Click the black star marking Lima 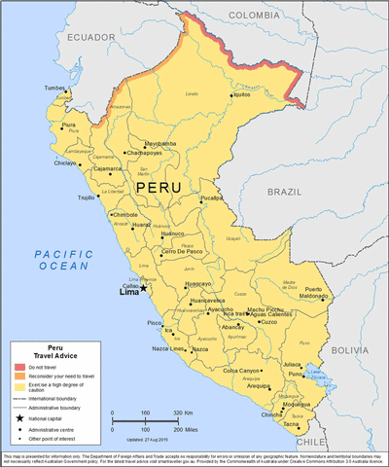coord(143,287)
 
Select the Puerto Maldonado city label coord(326,294)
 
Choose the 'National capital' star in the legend coord(20,416)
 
